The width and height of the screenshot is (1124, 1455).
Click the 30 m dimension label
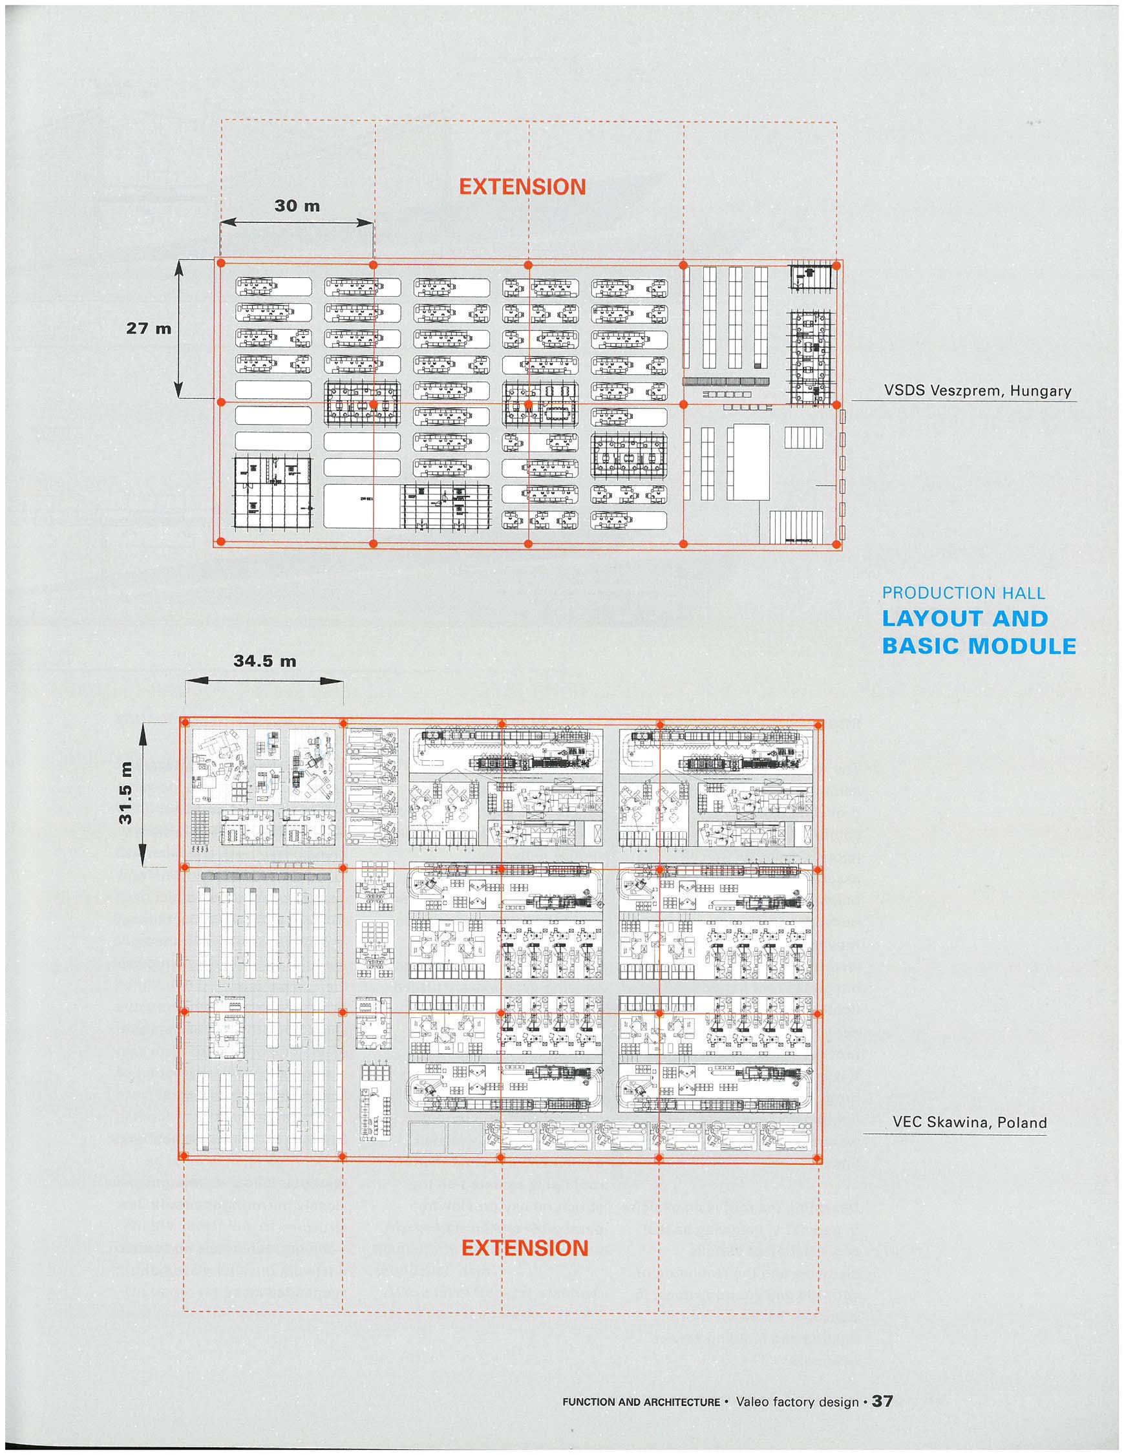(297, 206)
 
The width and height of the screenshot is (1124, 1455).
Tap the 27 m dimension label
(149, 329)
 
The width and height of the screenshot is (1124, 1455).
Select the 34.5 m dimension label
(264, 661)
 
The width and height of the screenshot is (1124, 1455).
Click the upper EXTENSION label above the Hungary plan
(523, 187)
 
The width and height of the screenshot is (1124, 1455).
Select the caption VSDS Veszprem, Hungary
(977, 391)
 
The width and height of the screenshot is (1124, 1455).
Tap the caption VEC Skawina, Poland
(970, 1122)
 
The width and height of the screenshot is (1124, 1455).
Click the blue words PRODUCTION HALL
(964, 592)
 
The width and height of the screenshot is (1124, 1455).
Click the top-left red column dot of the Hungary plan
(222, 265)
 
